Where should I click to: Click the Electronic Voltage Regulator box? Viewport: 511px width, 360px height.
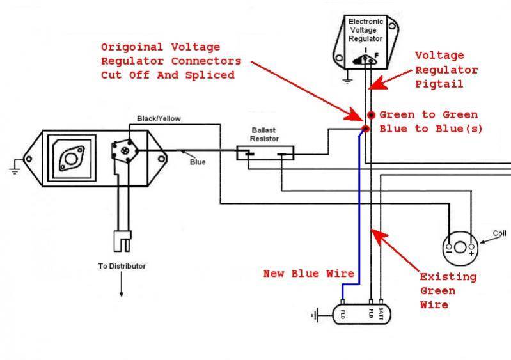click(x=366, y=42)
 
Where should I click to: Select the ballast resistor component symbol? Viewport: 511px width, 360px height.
click(x=265, y=153)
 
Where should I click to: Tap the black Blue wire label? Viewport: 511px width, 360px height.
click(x=198, y=162)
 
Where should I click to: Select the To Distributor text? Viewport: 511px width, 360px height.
click(x=122, y=266)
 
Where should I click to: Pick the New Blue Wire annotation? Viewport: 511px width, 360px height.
click(x=309, y=274)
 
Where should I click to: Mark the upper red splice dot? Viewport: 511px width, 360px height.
click(x=371, y=115)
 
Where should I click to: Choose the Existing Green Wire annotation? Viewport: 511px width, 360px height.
click(x=448, y=291)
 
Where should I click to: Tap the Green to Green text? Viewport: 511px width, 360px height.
click(x=428, y=115)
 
